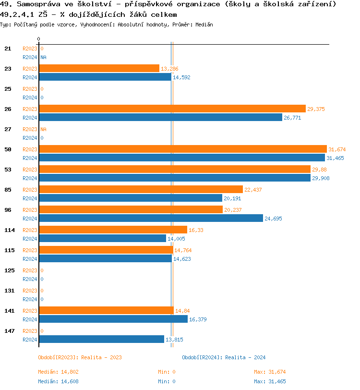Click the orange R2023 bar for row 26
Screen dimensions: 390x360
(x=172, y=109)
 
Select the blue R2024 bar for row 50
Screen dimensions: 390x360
(x=181, y=158)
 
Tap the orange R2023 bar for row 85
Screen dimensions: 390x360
(x=141, y=190)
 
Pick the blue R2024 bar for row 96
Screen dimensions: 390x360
(x=151, y=218)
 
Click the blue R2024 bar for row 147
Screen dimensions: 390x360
(x=101, y=339)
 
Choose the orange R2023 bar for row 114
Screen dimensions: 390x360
(x=113, y=230)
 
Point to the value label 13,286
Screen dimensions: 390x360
(x=169, y=69)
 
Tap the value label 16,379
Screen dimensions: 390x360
(x=198, y=319)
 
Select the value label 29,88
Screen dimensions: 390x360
(x=320, y=170)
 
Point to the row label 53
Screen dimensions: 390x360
(x=8, y=170)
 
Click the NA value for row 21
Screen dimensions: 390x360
(x=43, y=57)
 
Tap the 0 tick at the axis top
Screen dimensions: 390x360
(x=39, y=39)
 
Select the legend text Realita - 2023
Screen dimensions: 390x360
(x=101, y=357)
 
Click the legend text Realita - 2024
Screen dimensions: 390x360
(x=245, y=357)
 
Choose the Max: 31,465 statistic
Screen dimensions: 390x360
(x=270, y=381)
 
